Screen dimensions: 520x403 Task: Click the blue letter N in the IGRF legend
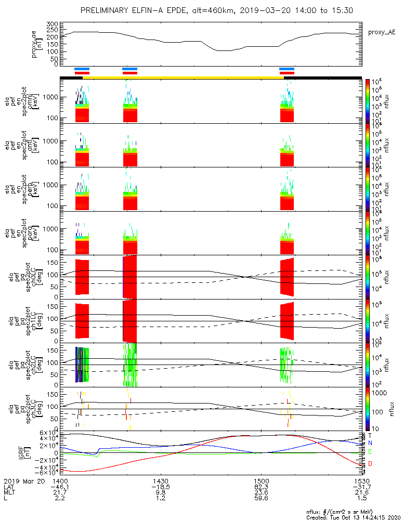(x=370, y=443)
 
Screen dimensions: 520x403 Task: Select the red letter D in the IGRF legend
(x=370, y=463)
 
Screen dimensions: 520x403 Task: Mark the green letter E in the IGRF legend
(x=370, y=452)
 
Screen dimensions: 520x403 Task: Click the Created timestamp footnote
(x=352, y=516)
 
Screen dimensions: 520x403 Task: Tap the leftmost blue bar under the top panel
(x=82, y=69)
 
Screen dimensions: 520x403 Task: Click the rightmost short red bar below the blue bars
(x=287, y=73)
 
